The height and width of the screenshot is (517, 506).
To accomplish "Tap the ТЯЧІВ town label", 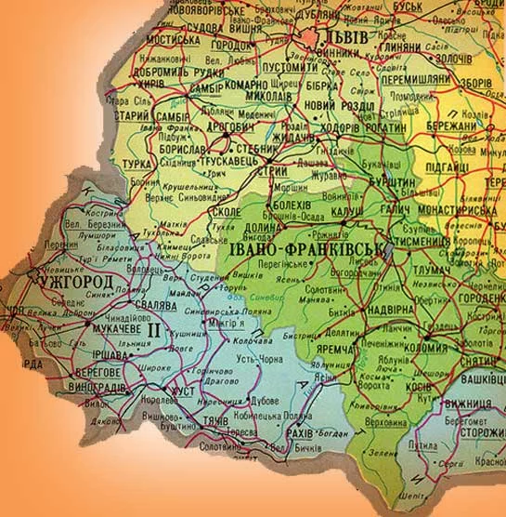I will pyautogui.click(x=213, y=421).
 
